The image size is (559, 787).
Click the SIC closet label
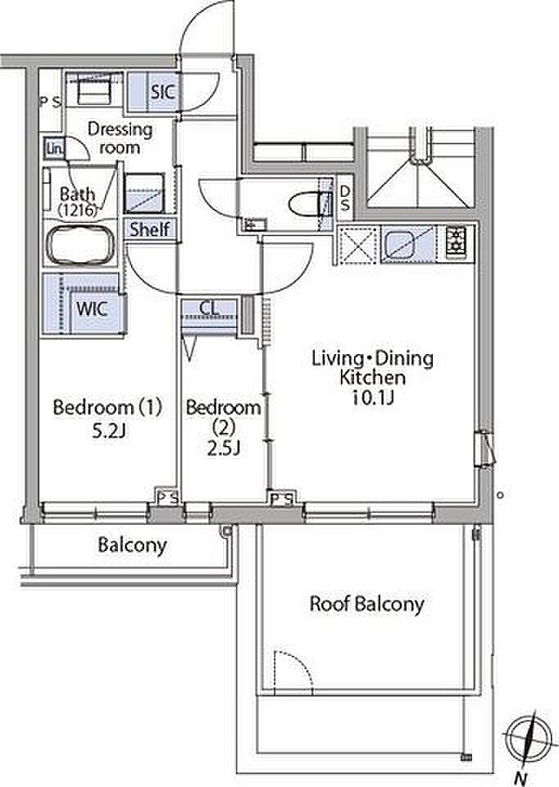[163, 92]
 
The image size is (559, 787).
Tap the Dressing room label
[120, 138]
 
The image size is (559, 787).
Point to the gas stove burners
[456, 243]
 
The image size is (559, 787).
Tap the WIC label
[92, 308]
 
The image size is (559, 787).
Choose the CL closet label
[209, 307]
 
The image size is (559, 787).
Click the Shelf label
[149, 230]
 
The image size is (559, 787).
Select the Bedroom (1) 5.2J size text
[108, 431]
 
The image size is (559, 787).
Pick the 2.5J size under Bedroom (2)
[223, 448]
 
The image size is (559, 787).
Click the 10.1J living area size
[373, 398]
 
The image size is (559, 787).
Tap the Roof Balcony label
[367, 604]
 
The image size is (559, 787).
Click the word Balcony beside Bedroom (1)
[133, 545]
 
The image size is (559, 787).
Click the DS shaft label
[345, 198]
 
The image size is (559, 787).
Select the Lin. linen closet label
[55, 148]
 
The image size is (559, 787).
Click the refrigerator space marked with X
[358, 244]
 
